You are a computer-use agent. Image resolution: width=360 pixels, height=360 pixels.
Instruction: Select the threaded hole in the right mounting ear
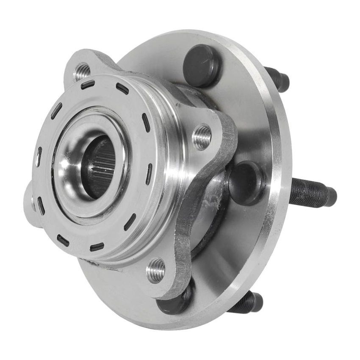202,136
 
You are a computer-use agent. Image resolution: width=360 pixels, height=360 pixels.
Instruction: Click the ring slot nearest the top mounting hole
88,84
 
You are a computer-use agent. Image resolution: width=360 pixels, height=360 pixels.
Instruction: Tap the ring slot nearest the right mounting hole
146,122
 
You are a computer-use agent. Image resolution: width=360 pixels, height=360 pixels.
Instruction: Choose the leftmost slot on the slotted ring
39,157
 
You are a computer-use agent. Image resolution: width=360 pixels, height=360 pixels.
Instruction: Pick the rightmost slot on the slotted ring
149,174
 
